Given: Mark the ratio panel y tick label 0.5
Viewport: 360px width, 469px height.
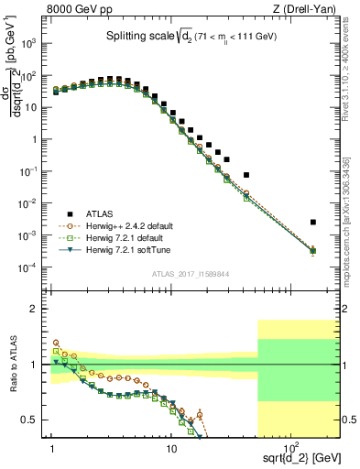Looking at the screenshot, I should coord(34,420).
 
